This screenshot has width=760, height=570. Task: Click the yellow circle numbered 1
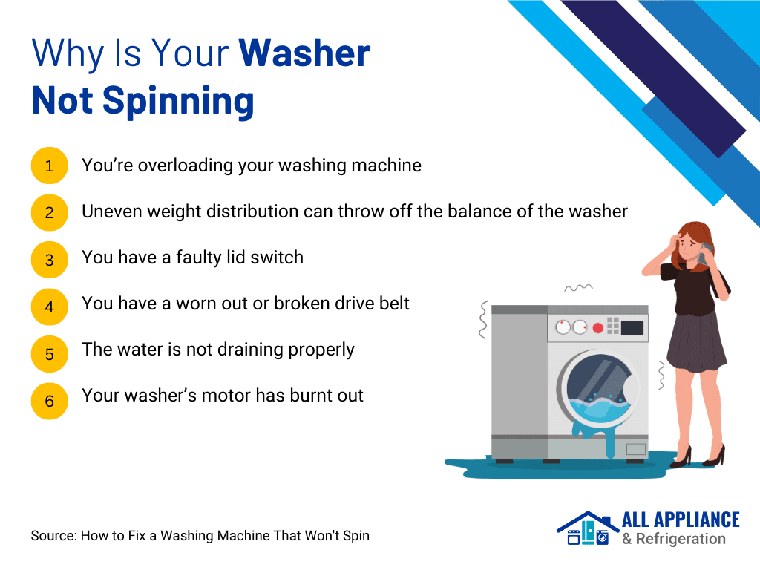(x=50, y=166)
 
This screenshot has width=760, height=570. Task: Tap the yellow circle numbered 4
(x=50, y=307)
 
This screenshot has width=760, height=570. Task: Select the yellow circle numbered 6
(x=50, y=402)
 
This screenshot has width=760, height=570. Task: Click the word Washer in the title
(x=304, y=53)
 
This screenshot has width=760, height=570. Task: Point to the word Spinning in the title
(x=178, y=101)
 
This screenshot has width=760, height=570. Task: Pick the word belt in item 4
(x=393, y=304)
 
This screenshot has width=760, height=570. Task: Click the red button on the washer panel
(x=597, y=328)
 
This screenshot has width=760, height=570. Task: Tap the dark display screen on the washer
(x=632, y=328)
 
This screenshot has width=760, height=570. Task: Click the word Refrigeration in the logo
(x=681, y=539)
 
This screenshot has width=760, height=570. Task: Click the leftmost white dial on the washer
(x=563, y=327)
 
